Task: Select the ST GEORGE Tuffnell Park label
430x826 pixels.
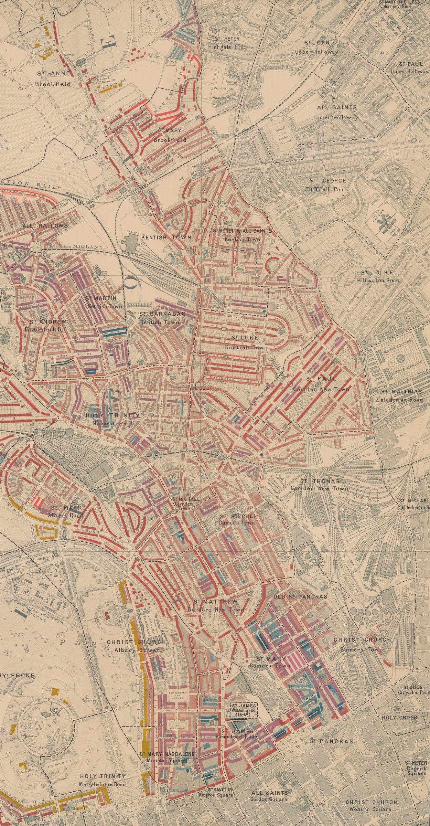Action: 327,185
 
